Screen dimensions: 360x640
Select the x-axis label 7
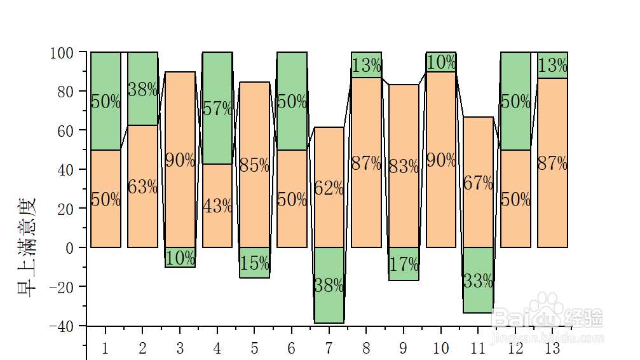(329, 349)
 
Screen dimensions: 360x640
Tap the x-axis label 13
(552, 349)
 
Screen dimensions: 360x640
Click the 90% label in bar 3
(180, 160)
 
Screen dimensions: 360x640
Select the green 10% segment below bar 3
(180, 258)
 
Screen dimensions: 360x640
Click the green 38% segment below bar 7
(329, 286)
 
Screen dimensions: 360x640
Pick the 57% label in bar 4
(217, 109)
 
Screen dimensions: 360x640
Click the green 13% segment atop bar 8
(366, 65)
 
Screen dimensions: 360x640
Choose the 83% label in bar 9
(404, 167)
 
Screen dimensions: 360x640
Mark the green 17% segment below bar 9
(404, 264)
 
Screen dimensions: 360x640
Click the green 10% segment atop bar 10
(440, 62)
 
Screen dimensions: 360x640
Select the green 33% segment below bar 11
(478, 280)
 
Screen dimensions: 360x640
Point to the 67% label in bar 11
(478, 183)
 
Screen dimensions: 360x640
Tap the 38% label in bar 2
(142, 89)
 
